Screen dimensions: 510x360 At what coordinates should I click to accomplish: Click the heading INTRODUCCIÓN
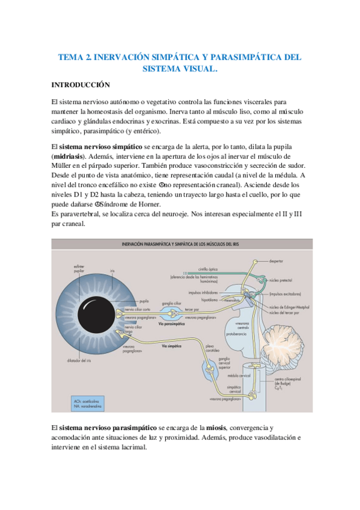point(80,85)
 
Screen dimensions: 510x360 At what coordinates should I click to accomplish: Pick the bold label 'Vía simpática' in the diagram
point(172,346)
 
